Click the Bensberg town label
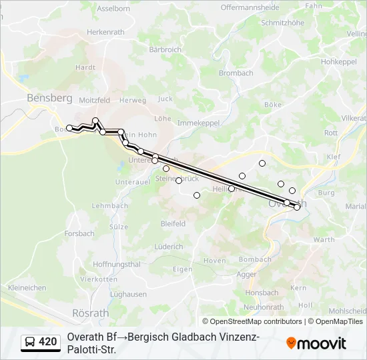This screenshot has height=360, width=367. [x=49, y=98]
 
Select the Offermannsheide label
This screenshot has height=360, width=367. [x=250, y=7]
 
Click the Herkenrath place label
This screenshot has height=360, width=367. [x=107, y=31]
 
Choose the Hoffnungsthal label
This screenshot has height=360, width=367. [x=117, y=264]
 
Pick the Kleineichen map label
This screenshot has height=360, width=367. [x=27, y=287]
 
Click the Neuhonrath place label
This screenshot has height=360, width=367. [x=264, y=307]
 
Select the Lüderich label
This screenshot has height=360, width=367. [x=168, y=247]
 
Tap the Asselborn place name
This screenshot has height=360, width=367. [x=113, y=9]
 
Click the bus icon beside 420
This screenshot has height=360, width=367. [x=30, y=343]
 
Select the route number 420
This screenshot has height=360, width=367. [x=48, y=342]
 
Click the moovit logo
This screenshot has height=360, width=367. [x=316, y=343]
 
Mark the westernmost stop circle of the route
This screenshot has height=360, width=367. [x=69, y=128]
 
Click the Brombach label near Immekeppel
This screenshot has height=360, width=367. [x=236, y=73]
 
